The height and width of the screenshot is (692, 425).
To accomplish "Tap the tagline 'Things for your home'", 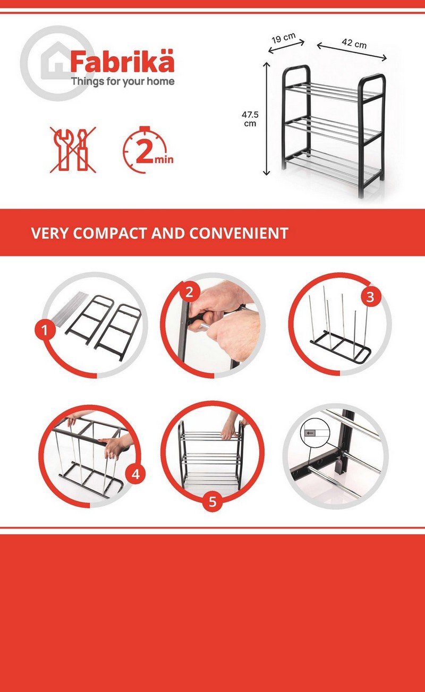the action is click(x=123, y=82).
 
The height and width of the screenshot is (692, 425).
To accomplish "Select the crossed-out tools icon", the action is click(x=73, y=150).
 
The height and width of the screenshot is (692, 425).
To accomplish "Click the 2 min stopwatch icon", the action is click(x=148, y=150).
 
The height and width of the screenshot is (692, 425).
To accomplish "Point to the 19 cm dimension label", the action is click(x=284, y=38).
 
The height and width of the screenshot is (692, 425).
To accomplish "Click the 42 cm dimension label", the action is click(x=354, y=43).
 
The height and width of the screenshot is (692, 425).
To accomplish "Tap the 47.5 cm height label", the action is click(x=250, y=119).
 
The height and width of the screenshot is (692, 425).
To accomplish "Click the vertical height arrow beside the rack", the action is click(x=267, y=118).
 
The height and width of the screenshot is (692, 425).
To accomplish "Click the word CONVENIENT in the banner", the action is click(x=239, y=233).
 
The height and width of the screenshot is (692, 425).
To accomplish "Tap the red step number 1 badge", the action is click(x=45, y=330).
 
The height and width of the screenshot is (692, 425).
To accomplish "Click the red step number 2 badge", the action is click(x=189, y=292).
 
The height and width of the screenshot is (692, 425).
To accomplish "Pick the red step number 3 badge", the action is click(x=370, y=297).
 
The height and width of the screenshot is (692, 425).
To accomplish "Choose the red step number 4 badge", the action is click(x=135, y=474).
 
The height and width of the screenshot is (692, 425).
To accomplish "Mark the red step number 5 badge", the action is click(x=212, y=501).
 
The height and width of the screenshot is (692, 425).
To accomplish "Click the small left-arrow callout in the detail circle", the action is click(x=311, y=433).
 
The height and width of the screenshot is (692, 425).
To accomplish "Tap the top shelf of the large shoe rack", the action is click(x=333, y=92).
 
